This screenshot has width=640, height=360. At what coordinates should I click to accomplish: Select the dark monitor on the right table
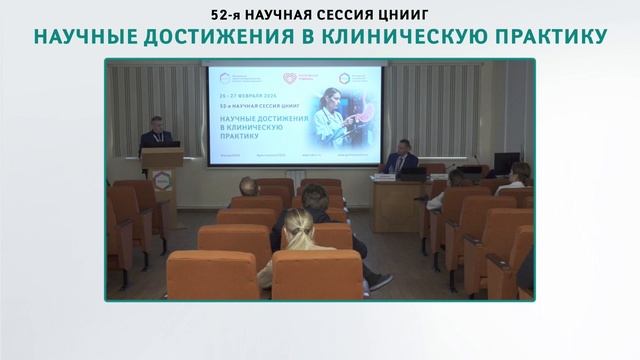pos(507,163)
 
